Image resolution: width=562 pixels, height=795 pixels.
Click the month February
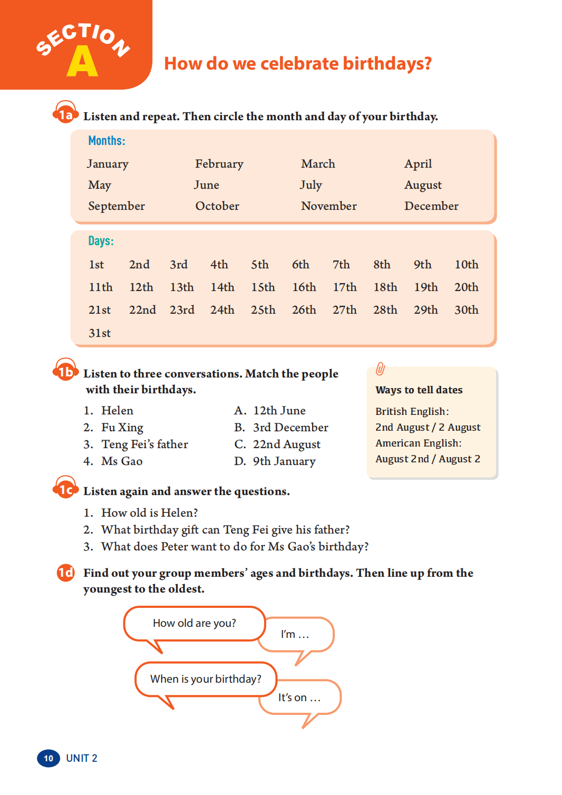tap(219, 164)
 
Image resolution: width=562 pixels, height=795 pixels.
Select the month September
tap(116, 206)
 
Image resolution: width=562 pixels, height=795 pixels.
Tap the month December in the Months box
tap(431, 206)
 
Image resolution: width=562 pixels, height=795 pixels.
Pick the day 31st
tap(100, 333)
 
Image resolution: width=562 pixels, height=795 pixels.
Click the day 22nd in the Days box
tap(142, 310)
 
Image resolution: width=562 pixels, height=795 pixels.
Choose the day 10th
tap(466, 265)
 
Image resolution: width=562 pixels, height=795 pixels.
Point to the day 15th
tap(263, 287)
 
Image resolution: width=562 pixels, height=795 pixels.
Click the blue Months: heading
tap(106, 141)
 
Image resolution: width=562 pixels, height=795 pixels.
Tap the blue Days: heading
tap(101, 241)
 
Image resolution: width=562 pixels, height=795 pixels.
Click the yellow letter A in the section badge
tap(82, 62)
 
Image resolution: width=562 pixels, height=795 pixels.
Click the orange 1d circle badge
tap(65, 573)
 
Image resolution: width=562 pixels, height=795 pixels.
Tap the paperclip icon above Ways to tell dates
tap(380, 369)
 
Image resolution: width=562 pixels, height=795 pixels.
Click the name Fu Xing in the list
tap(122, 428)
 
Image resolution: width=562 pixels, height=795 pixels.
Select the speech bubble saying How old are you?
tap(194, 624)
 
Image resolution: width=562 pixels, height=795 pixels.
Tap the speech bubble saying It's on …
tap(299, 697)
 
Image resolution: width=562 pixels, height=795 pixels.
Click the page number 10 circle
tap(49, 758)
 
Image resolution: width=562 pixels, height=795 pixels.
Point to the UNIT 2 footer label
tap(82, 758)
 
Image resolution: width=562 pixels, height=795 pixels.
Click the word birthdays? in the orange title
tap(387, 64)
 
